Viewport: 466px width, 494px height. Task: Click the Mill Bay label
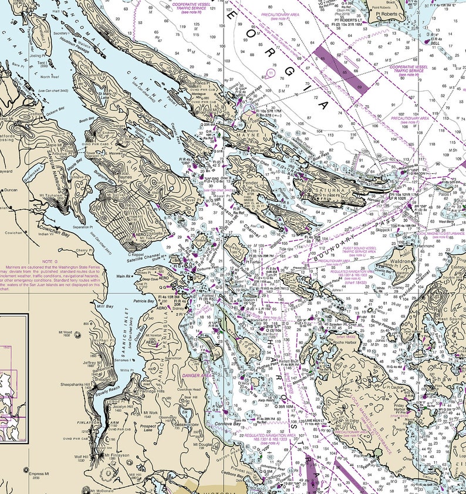point(106,307)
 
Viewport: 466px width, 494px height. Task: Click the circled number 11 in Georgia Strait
point(270,72)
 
